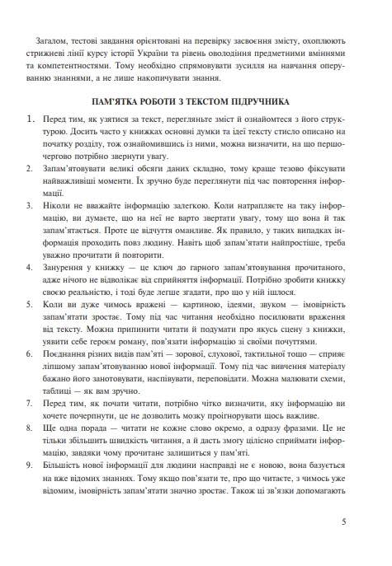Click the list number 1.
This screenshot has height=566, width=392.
(31, 119)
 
